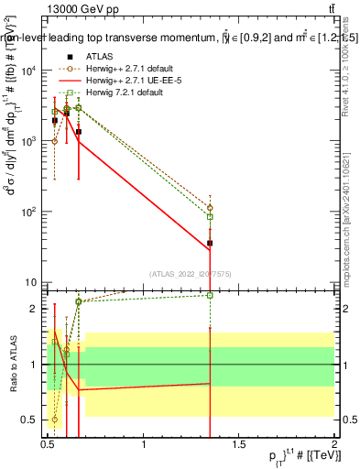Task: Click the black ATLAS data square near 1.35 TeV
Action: pos(210,243)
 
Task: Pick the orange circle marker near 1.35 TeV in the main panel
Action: pos(210,208)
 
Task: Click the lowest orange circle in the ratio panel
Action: pos(55,420)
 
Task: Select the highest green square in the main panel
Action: pos(70,93)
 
